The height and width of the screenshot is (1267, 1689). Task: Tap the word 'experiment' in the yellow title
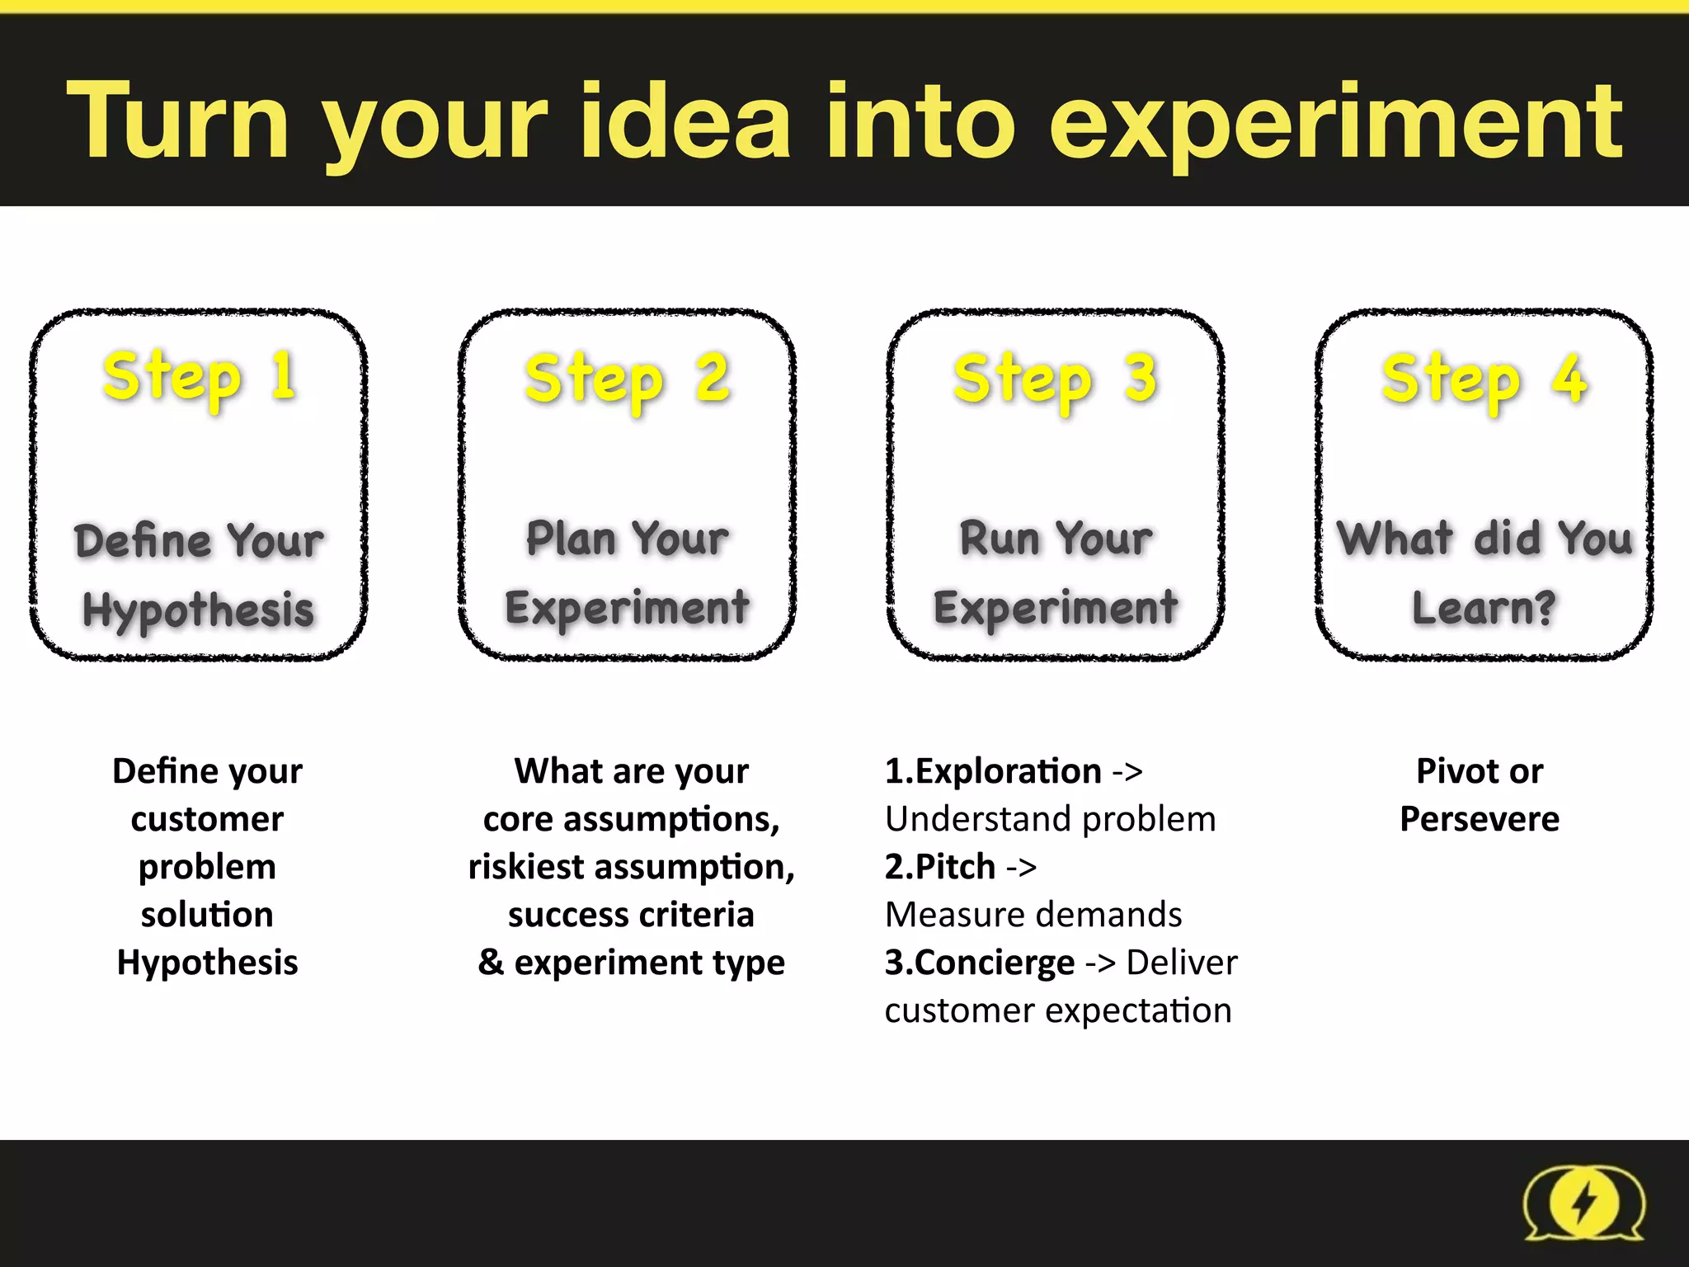(1335, 124)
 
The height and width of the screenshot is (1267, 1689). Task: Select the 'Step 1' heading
(200, 377)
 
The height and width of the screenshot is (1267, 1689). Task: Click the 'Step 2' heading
(628, 379)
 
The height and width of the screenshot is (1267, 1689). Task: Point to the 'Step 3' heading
(1056, 379)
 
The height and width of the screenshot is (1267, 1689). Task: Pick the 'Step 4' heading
(1484, 379)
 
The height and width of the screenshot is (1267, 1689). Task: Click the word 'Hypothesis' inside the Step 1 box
(199, 610)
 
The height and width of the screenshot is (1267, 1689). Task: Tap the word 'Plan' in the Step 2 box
(571, 539)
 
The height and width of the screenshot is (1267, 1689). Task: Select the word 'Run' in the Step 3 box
(1000, 539)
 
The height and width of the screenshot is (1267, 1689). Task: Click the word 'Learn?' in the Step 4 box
(1484, 609)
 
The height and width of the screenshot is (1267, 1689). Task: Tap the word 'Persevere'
(1480, 819)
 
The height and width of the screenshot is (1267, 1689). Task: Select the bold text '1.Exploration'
(993, 771)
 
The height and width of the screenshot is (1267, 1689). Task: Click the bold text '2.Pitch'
(940, 867)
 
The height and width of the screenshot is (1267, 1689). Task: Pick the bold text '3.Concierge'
(980, 963)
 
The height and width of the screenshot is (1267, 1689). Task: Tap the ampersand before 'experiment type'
(491, 963)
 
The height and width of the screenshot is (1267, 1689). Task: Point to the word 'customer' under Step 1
(207, 819)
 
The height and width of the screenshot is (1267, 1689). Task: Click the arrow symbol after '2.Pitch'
(1021, 868)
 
